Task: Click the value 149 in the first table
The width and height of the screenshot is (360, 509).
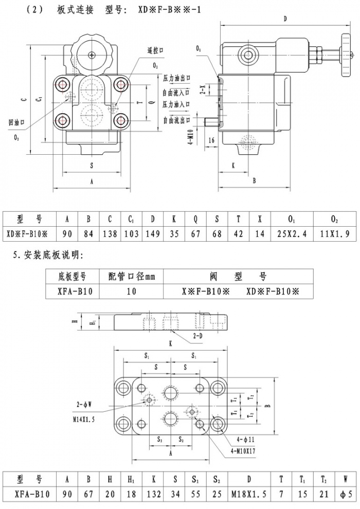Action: click(153, 234)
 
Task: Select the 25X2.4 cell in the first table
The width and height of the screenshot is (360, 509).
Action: click(292, 234)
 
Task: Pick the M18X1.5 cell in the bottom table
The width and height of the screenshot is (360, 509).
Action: click(249, 495)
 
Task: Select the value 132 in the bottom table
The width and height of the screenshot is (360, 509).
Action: click(154, 495)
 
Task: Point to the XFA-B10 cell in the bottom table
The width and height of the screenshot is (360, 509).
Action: click(32, 495)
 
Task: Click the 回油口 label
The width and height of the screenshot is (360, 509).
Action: click(17, 123)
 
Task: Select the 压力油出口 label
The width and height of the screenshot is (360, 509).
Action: click(177, 79)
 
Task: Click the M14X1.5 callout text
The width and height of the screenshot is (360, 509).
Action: click(81, 420)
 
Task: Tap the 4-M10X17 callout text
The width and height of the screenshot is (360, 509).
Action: click(240, 451)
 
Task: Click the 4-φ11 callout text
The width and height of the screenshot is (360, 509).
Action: click(246, 440)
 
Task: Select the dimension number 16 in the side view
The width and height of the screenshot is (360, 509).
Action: click(212, 139)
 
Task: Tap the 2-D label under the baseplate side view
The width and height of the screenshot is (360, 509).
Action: click(198, 335)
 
